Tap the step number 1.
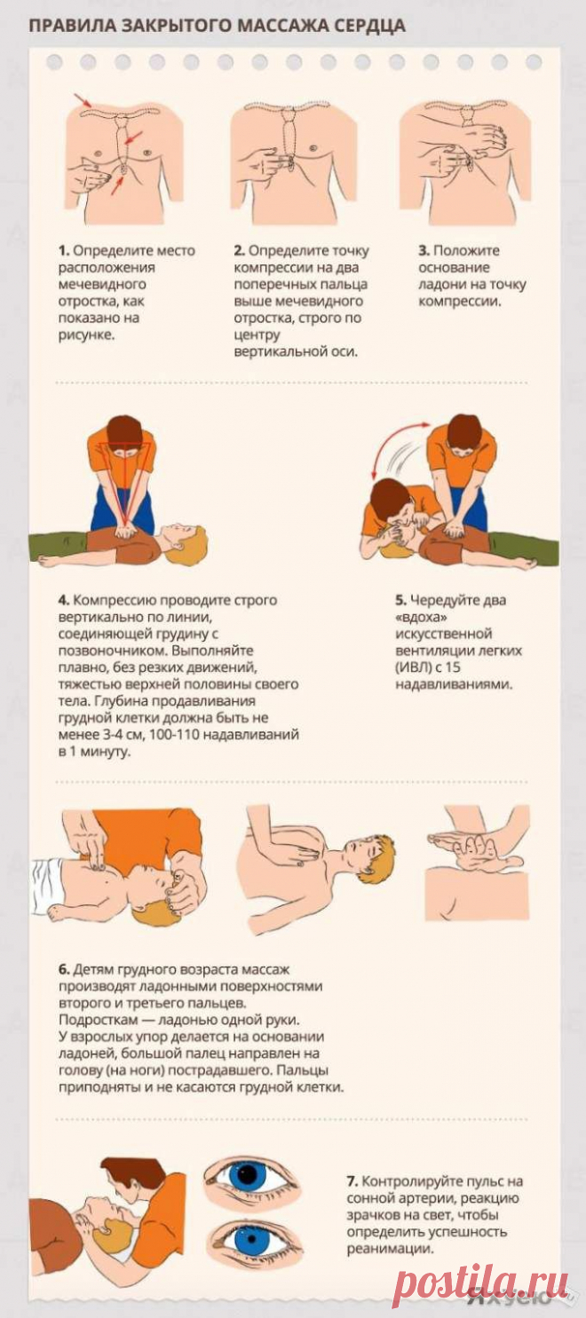64,250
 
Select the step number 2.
240,250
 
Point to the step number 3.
424,250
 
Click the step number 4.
64,601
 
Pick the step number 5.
400,601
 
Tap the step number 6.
64,969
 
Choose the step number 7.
352,1181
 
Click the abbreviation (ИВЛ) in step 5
414,667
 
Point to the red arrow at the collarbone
83,100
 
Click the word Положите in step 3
466,250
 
